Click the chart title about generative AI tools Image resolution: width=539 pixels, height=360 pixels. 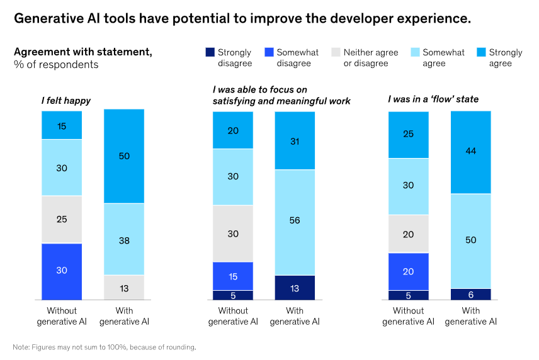pos(242,18)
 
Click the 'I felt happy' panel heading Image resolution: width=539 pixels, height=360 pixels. pos(66,100)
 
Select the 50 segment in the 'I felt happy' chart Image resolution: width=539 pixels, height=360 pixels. pos(124,156)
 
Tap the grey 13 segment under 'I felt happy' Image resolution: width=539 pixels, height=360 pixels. pos(124,288)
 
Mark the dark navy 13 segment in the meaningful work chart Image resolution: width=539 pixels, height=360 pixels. pos(295,288)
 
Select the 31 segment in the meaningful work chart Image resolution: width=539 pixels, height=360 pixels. pos(295,140)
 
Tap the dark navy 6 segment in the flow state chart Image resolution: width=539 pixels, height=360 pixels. pos(471,294)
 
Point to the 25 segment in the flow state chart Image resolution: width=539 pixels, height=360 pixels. pos(409,135)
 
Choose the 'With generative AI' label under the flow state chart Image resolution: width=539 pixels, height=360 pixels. pos(471,316)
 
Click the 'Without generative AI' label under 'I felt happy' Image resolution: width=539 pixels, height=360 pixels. pos(62,316)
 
